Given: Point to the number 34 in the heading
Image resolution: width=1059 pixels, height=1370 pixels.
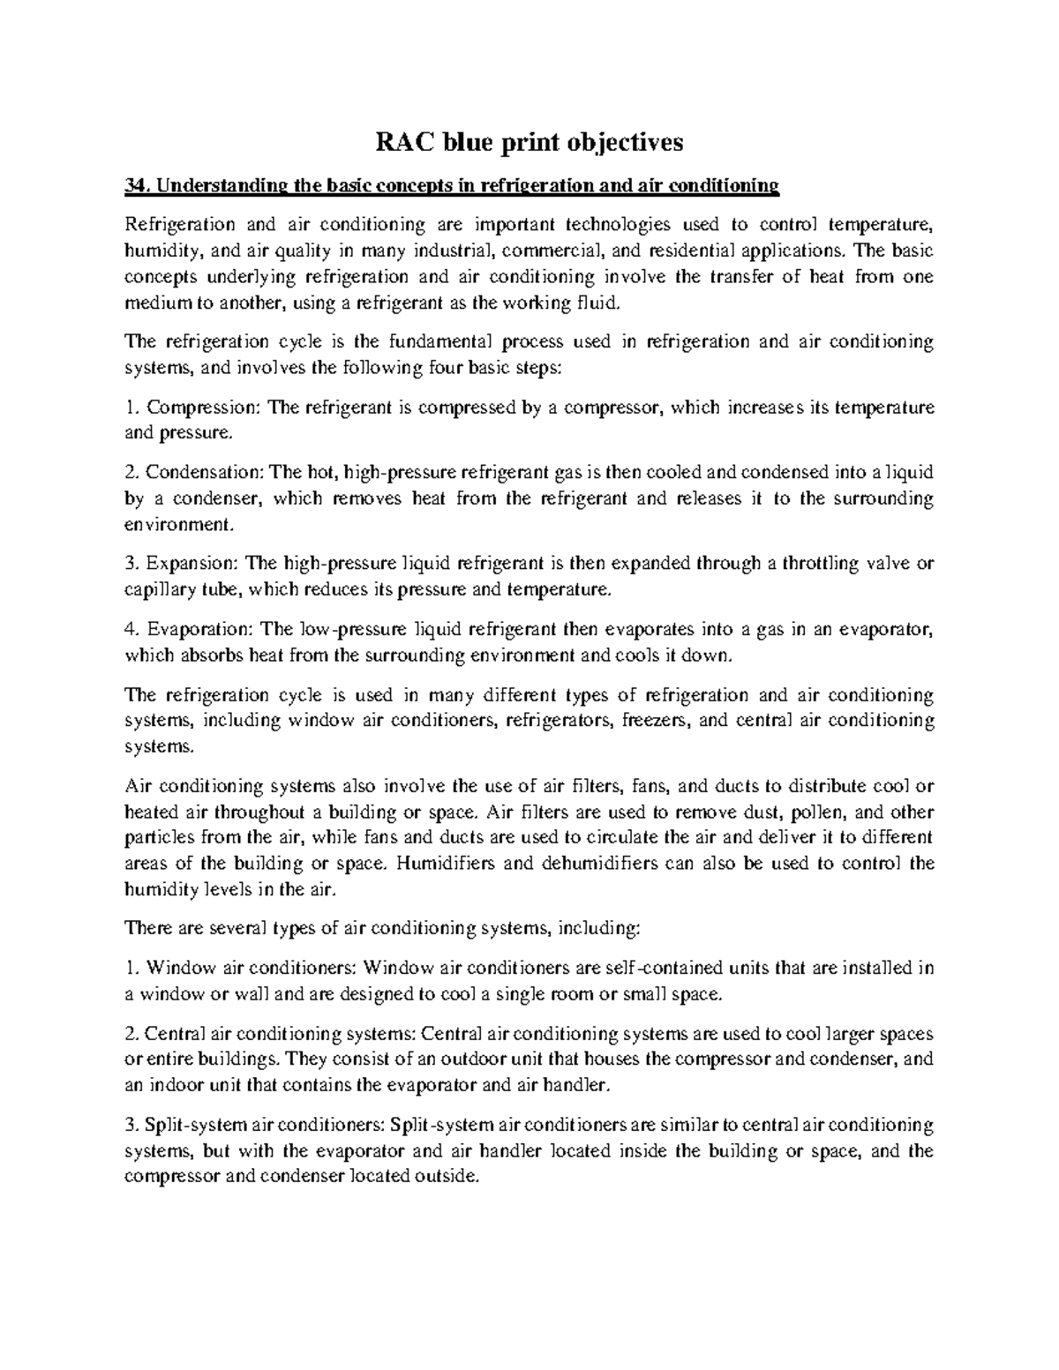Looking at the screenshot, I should [x=135, y=185].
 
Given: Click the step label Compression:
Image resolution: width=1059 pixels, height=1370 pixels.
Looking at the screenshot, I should [x=199, y=408].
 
